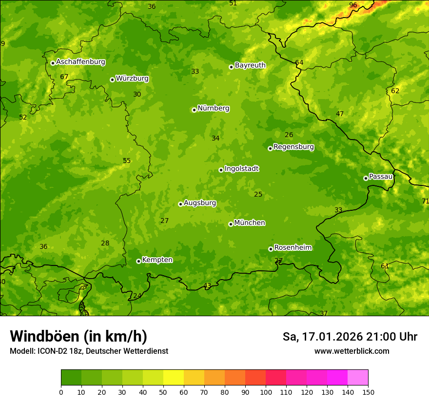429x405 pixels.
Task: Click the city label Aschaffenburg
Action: click(x=80, y=62)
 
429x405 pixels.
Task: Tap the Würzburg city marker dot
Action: click(x=112, y=80)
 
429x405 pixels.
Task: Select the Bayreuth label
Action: click(x=250, y=65)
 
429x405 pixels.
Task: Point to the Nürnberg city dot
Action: click(x=194, y=110)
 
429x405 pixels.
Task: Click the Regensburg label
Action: click(x=293, y=146)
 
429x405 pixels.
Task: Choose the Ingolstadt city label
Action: click(x=241, y=168)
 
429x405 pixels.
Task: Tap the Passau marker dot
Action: click(x=366, y=178)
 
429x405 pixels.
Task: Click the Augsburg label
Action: click(x=200, y=202)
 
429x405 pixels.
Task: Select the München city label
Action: click(x=250, y=223)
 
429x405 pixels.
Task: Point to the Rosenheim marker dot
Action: click(x=271, y=249)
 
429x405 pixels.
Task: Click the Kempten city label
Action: click(x=157, y=260)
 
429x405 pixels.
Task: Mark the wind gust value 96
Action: click(x=353, y=5)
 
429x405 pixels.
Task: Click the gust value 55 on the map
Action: click(x=127, y=161)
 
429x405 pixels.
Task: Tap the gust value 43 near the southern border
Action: click(x=207, y=285)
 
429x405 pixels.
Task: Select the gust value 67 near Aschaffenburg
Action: click(x=64, y=77)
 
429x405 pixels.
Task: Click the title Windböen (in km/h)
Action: click(x=78, y=336)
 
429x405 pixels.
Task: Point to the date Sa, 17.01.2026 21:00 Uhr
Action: click(x=350, y=337)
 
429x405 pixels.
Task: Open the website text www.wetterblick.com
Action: click(x=351, y=351)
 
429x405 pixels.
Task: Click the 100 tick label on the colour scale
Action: click(x=266, y=392)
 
